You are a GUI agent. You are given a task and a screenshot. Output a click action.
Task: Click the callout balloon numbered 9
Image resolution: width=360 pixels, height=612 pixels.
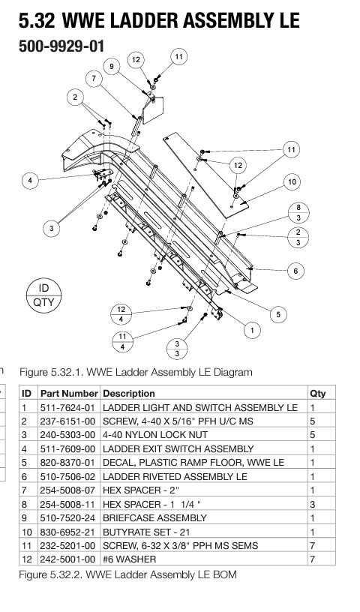[x=112, y=66]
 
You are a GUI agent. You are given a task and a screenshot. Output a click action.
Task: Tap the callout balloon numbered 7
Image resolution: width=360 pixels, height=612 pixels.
[x=94, y=79]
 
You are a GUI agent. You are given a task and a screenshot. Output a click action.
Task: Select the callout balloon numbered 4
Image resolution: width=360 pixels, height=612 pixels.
[x=31, y=180]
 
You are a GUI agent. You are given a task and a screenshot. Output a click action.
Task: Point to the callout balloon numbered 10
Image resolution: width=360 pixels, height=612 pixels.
[x=292, y=182]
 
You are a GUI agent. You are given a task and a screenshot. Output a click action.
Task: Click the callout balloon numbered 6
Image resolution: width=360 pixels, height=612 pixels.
[x=295, y=271]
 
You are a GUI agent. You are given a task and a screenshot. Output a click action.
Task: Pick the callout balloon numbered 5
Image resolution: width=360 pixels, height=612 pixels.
[x=278, y=314]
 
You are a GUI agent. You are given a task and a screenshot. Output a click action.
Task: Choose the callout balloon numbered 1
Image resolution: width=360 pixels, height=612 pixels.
[x=252, y=331]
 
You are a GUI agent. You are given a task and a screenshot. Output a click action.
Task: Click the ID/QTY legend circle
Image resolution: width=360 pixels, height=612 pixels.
[x=43, y=295]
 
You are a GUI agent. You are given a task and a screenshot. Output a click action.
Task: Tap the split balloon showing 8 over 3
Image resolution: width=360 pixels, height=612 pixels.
[x=298, y=213]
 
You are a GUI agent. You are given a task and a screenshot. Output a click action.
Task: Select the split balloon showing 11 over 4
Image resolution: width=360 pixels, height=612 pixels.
[x=122, y=341]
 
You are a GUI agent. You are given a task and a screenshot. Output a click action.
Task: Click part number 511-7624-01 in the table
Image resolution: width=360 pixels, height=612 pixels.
[x=67, y=408]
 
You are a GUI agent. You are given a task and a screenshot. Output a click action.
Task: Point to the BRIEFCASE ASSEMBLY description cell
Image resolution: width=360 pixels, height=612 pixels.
[x=154, y=518]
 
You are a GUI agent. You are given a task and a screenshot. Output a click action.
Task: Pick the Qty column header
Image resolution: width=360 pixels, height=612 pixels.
[x=318, y=394]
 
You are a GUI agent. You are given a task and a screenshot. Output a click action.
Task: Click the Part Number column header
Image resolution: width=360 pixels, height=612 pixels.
[x=69, y=394]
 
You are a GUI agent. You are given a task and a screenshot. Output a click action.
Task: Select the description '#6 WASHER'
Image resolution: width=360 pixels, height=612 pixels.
[x=129, y=559]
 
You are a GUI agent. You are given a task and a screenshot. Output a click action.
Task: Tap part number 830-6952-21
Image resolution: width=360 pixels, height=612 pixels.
[x=67, y=532]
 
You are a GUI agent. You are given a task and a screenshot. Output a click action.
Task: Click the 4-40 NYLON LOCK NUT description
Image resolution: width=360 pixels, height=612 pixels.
[x=155, y=435]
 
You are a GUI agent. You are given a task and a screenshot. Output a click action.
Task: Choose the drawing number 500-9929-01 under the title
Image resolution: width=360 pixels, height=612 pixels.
[x=61, y=46]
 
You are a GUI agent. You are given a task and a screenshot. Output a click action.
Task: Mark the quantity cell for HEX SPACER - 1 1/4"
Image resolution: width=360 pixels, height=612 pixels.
[x=312, y=504]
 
